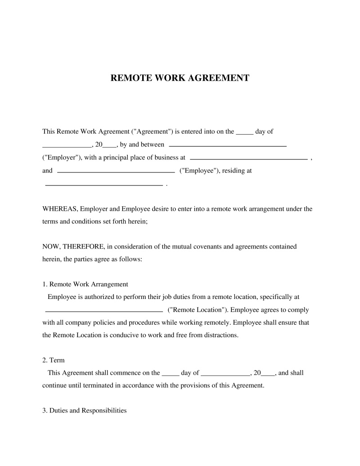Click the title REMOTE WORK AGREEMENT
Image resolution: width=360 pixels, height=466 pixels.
180,78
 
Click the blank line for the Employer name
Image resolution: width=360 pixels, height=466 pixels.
227,146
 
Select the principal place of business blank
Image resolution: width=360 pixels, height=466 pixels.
249,159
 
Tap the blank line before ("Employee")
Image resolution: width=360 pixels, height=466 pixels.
117,172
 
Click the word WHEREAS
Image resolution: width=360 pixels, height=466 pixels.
60,209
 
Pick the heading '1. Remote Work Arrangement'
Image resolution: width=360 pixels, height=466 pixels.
85,285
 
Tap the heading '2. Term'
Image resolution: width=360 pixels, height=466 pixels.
54,360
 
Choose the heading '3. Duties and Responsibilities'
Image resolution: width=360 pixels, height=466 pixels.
85,411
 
